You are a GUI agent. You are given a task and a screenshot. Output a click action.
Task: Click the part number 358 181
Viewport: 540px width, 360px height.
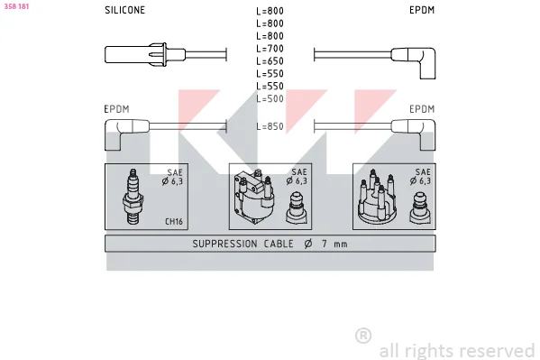coord(16,6)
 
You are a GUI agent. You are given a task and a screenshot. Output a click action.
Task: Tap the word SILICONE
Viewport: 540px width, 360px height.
coord(124,10)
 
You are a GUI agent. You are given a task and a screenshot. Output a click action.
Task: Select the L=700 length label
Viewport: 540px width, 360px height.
coord(270,49)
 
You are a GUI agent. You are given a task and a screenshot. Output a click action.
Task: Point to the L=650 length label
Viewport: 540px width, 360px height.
coord(270,61)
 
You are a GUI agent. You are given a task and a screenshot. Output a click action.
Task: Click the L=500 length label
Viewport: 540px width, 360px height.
coord(270,98)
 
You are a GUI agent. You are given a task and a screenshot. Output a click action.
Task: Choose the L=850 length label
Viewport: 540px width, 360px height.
coord(270,126)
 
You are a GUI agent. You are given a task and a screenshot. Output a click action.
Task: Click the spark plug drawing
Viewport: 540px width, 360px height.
coord(133,197)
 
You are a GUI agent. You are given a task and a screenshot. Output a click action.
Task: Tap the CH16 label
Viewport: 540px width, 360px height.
coord(174,221)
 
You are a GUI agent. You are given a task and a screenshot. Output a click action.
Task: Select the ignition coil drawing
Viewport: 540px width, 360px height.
coord(254,197)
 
